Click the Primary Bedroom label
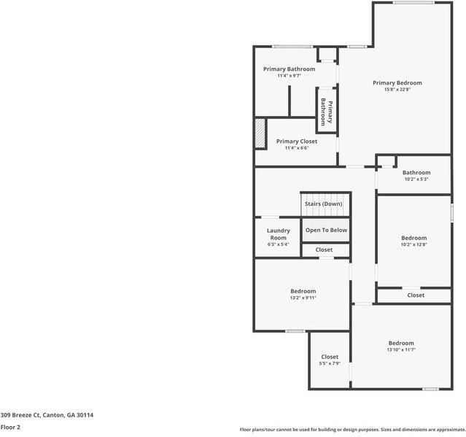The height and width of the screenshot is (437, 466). (397, 83)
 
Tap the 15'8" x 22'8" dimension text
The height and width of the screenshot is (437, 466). (397, 90)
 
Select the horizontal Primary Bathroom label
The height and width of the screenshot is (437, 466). (289, 69)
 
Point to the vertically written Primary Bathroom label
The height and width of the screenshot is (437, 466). (327, 112)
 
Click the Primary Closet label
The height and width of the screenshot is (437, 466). (296, 141)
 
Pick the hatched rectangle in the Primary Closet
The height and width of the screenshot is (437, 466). (260, 133)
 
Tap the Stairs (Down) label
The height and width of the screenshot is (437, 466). (323, 204)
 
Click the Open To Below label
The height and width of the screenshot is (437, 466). (326, 230)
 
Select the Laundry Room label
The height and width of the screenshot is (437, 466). (278, 234)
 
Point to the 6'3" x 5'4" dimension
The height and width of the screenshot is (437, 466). (278, 244)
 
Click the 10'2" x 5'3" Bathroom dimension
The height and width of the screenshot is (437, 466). (416, 179)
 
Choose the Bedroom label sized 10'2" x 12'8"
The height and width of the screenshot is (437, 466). (413, 238)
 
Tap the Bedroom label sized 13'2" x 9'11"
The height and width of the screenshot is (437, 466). (303, 291)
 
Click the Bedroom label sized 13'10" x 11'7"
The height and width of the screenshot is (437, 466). (400, 343)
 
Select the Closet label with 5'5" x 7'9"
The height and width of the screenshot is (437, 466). (330, 357)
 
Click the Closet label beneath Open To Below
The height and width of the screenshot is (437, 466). (324, 250)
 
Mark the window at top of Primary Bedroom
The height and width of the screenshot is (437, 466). (413, 3)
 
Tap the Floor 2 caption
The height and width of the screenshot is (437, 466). (10, 428)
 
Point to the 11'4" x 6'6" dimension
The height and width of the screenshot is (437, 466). (296, 147)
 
